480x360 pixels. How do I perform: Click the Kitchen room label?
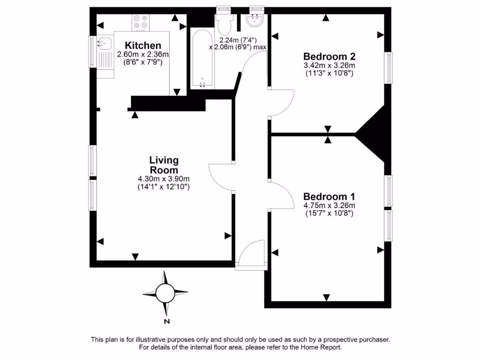pyautogui.click(x=143, y=45)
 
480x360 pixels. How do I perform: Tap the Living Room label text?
pyautogui.click(x=164, y=165)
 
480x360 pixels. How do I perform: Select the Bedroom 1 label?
pyautogui.click(x=329, y=196)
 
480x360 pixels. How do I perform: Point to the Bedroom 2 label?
pyautogui.click(x=329, y=56)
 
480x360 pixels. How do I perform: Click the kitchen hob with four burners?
pyautogui.click(x=140, y=22)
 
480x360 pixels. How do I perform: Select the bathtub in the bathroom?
pyautogui.click(x=202, y=60)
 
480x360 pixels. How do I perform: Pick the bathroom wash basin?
pyautogui.click(x=255, y=19)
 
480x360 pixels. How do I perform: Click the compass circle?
pyautogui.click(x=165, y=293)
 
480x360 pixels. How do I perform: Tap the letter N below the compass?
pyautogui.click(x=166, y=322)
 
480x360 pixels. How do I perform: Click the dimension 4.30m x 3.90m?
pyautogui.click(x=164, y=179)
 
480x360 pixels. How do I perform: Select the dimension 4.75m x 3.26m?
pyautogui.click(x=329, y=205)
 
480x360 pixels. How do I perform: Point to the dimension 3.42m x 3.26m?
pyautogui.click(x=329, y=65)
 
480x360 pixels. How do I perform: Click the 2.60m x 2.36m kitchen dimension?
pyautogui.click(x=142, y=54)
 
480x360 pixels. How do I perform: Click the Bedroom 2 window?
pyautogui.click(x=389, y=68)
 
